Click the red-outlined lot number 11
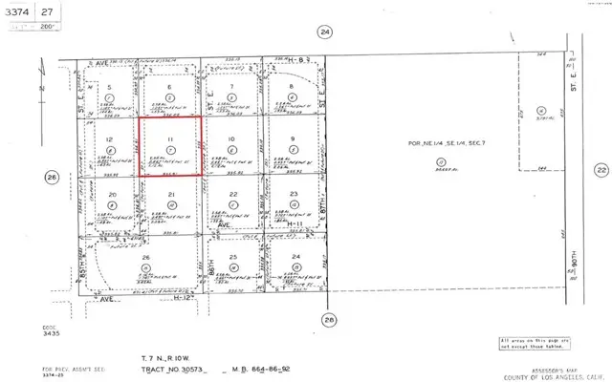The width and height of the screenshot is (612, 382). pyautogui.click(x=170, y=138)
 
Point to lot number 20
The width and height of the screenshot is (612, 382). pyautogui.click(x=111, y=195)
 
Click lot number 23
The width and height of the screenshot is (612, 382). pyautogui.click(x=294, y=195)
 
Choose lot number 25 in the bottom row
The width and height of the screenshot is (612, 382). pyautogui.click(x=232, y=258)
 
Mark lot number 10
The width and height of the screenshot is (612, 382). pyautogui.click(x=232, y=139)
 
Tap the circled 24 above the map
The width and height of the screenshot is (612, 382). pyautogui.click(x=325, y=32)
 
